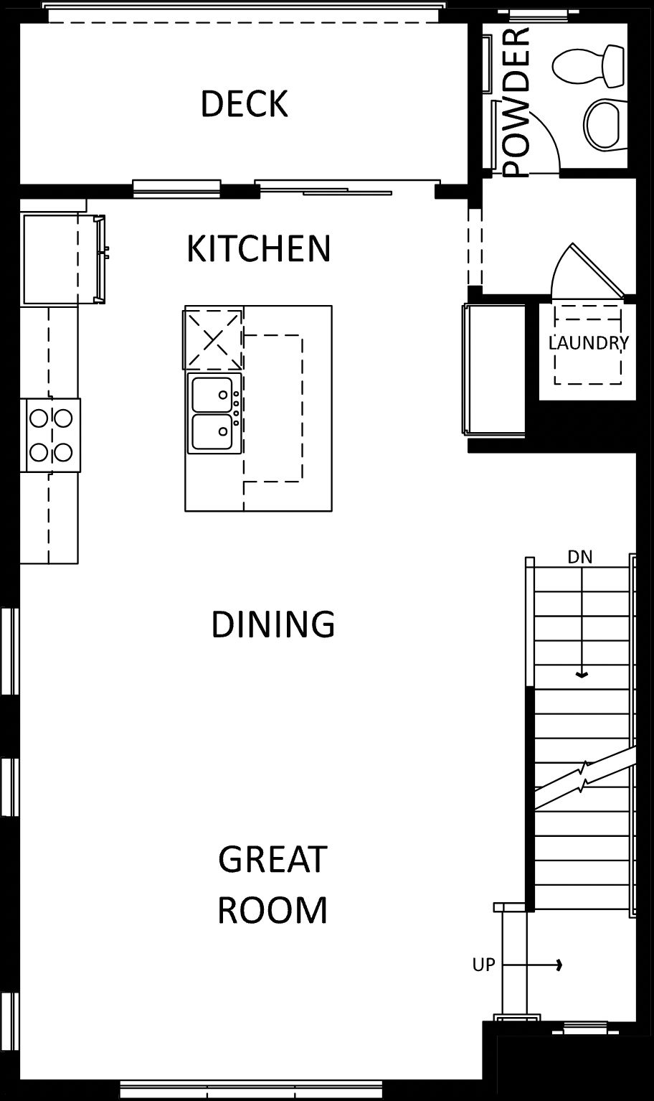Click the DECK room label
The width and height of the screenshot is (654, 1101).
(x=244, y=103)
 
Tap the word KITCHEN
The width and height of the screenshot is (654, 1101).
(x=259, y=249)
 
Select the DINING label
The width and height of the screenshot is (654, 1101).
(x=273, y=624)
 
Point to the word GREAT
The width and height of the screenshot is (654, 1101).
(x=272, y=859)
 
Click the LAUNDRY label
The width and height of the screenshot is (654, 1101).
(x=588, y=342)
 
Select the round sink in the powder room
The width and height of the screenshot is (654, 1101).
(x=606, y=125)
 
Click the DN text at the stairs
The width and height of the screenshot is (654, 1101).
(x=580, y=557)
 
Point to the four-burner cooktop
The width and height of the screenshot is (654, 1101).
(x=51, y=436)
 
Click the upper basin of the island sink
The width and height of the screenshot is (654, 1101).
(x=212, y=394)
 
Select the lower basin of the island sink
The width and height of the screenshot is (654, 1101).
(x=212, y=431)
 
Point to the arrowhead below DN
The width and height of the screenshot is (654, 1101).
(x=582, y=675)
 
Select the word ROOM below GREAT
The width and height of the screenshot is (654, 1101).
(x=272, y=910)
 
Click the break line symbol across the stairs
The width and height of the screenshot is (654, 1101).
(x=584, y=778)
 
